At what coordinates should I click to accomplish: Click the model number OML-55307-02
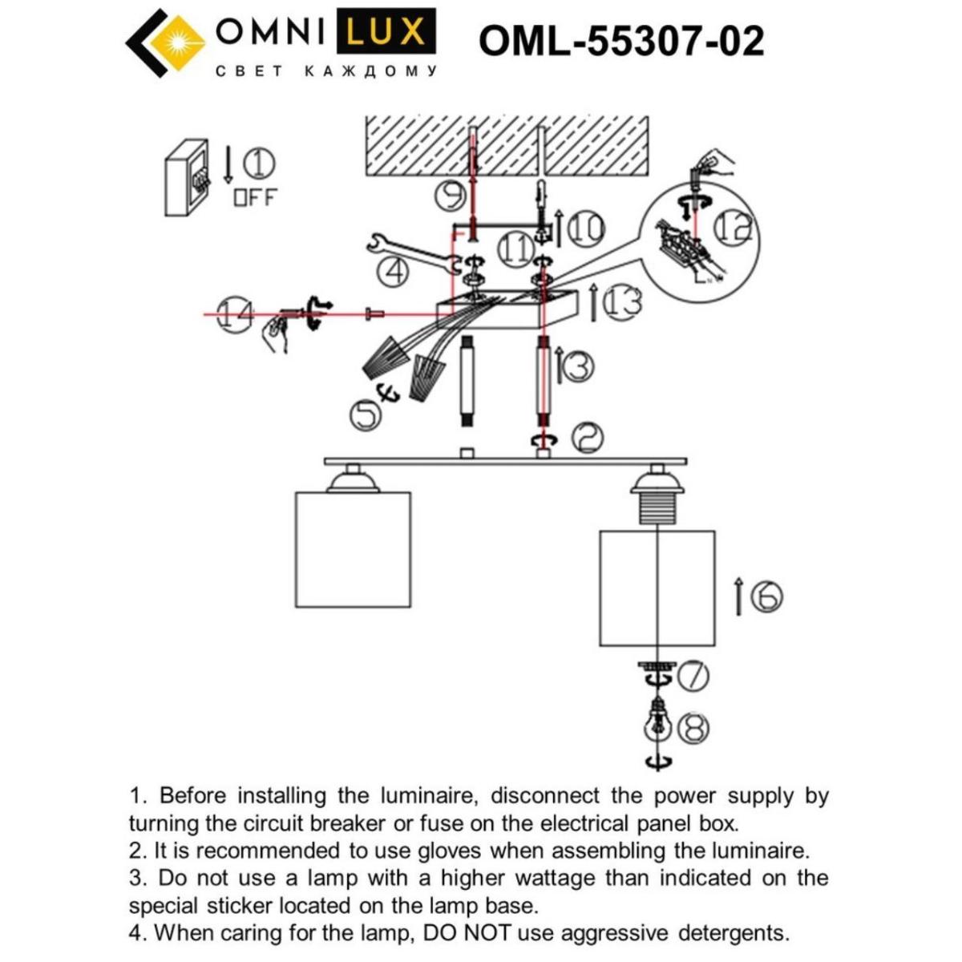tap(621, 41)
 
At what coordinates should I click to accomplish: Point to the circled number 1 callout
tap(259, 164)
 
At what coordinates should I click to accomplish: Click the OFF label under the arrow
tap(254, 196)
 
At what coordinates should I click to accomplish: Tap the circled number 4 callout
tap(392, 273)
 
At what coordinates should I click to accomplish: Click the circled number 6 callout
tap(766, 596)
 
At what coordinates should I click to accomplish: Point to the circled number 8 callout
tap(693, 728)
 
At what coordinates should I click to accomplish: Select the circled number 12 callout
tap(733, 227)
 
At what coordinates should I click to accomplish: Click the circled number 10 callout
tap(586, 228)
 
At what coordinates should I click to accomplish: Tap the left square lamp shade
tap(353, 549)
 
